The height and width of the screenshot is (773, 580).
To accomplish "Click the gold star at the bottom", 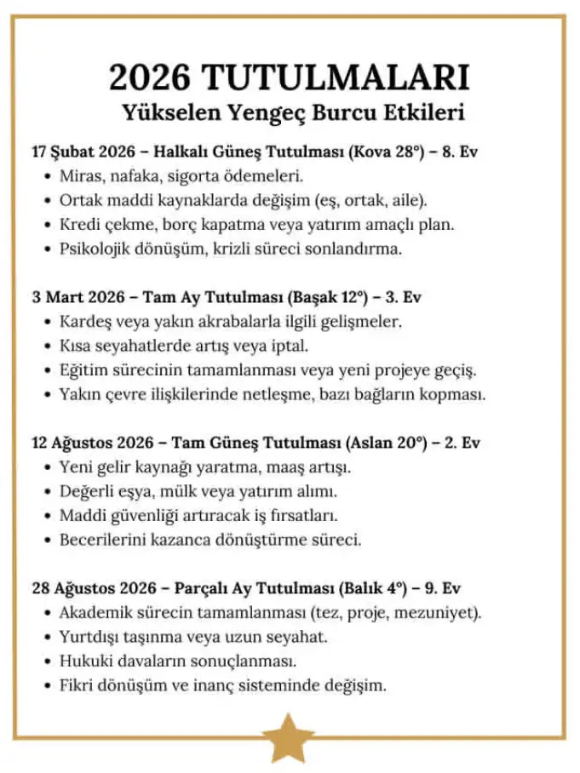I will click(289, 738).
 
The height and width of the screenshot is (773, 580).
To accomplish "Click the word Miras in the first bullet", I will click(79, 177).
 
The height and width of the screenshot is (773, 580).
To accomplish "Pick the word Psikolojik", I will click(97, 249).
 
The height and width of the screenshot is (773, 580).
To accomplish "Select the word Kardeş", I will click(84, 323).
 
